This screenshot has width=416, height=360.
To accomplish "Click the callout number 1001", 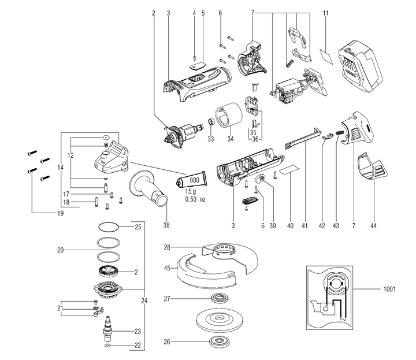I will pyautogui.click(x=389, y=288).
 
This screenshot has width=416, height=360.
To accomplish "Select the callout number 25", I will pyautogui.click(x=138, y=227).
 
